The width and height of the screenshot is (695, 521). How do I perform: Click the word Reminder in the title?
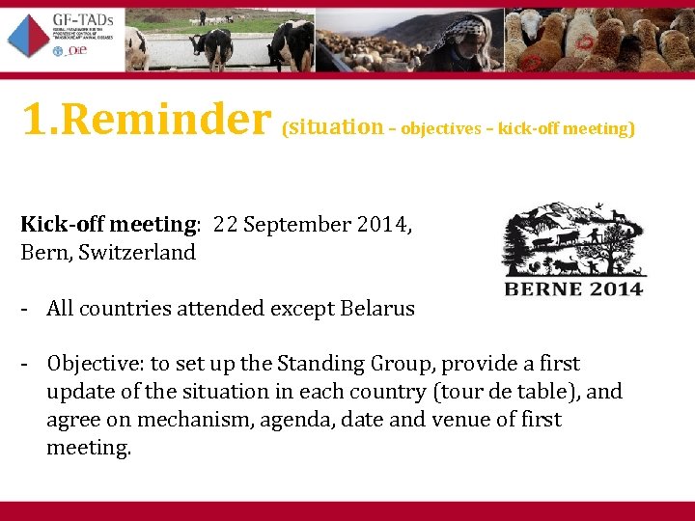click(x=173, y=121)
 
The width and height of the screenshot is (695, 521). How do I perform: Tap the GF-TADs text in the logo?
click(x=82, y=22)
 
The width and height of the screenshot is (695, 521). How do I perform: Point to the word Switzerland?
click(x=137, y=253)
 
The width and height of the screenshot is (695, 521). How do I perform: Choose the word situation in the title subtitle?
click(x=336, y=126)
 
